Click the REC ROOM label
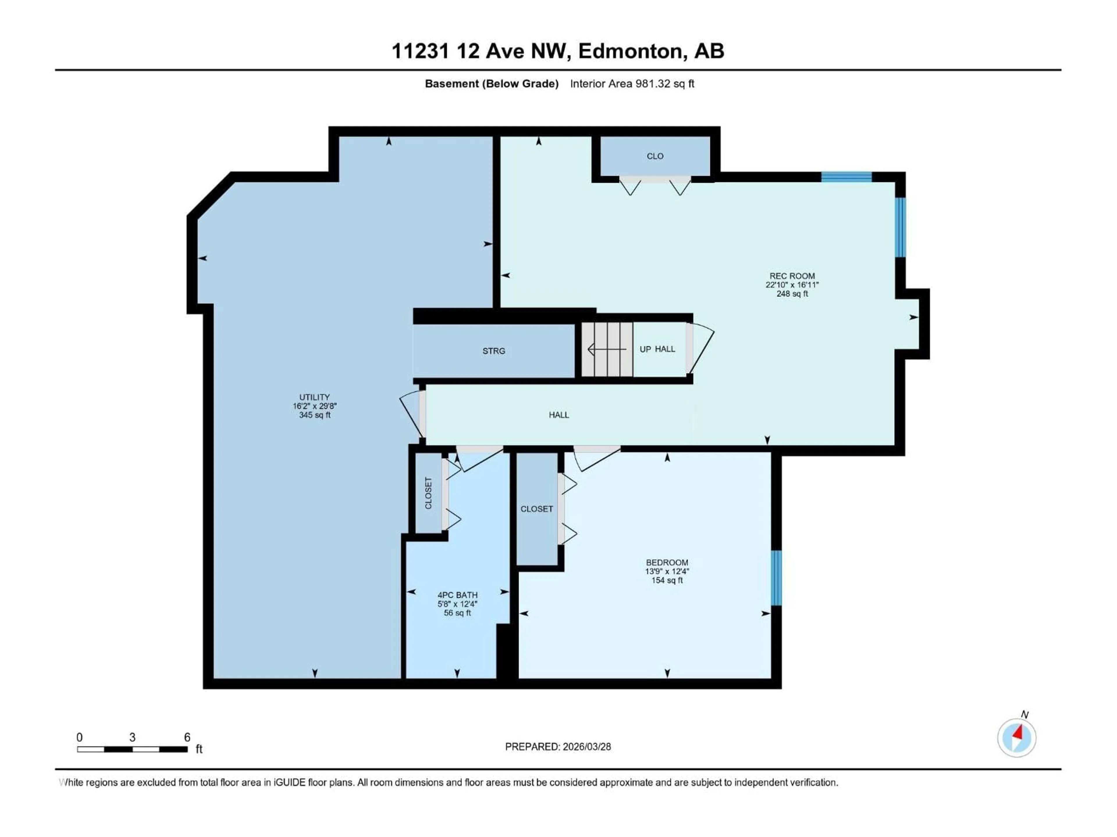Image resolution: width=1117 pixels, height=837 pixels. coord(792,276)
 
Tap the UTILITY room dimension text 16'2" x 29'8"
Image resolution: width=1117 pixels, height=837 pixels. coord(315,406)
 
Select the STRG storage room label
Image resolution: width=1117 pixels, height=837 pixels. coord(493,351)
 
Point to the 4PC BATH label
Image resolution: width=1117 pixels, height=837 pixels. coord(457,595)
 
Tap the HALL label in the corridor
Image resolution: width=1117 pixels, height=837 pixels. coord(558,415)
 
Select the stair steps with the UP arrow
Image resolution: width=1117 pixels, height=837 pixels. coord(606,349)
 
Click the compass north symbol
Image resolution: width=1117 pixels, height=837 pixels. coord(1017,738)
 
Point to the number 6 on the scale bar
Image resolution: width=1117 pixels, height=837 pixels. coord(187,737)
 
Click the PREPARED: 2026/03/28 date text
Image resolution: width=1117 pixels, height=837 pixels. coord(558,747)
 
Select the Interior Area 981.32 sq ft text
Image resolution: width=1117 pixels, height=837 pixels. coord(632,84)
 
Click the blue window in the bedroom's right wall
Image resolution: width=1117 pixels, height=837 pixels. coord(776,578)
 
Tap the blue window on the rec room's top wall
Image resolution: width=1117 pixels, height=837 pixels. coord(846,177)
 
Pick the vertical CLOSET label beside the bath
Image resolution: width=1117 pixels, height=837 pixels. coord(428,493)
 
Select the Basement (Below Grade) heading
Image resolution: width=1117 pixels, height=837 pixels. coord(491,84)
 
